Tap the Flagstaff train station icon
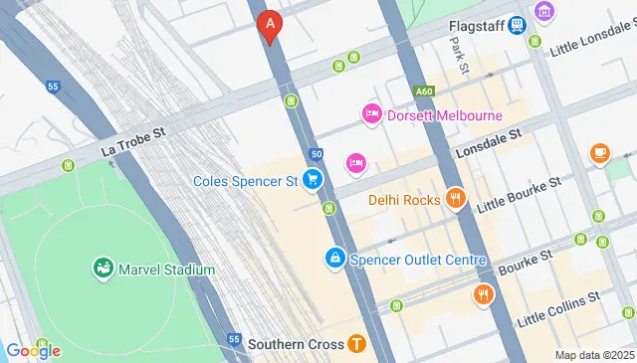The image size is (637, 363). click(x=517, y=25)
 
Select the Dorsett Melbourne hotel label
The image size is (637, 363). click(x=444, y=114)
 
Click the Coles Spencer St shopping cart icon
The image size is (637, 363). click(x=313, y=180)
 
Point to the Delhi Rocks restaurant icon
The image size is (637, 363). click(x=456, y=199)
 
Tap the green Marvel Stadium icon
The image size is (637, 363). click(x=103, y=269)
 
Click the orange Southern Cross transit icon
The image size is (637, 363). click(x=357, y=344)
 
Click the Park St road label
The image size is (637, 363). click(x=459, y=57)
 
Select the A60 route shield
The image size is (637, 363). click(x=425, y=91)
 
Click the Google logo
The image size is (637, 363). click(x=33, y=350)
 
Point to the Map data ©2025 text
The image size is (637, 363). click(x=593, y=355)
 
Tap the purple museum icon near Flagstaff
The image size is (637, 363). click(x=544, y=11)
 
